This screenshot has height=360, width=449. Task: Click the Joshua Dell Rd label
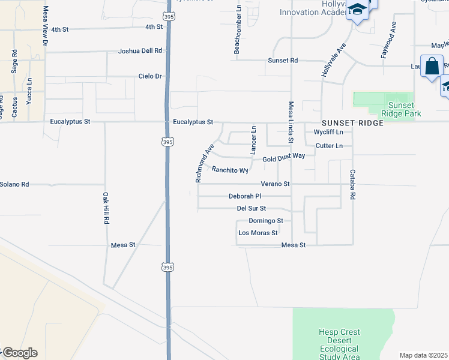click(x=140, y=51)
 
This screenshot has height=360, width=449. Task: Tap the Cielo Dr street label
click(x=150, y=76)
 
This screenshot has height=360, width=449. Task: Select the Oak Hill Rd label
click(x=105, y=209)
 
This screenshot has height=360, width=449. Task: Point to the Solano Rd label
click(x=14, y=184)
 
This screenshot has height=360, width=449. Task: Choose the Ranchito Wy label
click(x=230, y=170)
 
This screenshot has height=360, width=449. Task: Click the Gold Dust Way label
click(x=285, y=156)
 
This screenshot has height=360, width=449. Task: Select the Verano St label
click(x=276, y=184)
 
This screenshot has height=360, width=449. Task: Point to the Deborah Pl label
click(x=245, y=196)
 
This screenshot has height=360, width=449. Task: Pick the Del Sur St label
click(x=252, y=209)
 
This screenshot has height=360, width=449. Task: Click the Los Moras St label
click(x=258, y=233)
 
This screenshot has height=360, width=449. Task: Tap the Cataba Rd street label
click(x=354, y=184)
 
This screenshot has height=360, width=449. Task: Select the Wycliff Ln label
click(x=328, y=132)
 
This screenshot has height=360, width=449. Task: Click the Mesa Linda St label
click(x=291, y=122)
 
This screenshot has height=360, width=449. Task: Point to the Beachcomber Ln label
click(x=238, y=30)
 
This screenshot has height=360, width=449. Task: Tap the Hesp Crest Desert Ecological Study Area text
click(x=339, y=344)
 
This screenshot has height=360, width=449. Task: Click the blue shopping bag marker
click(x=432, y=67)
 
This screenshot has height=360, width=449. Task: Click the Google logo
click(x=20, y=353)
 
